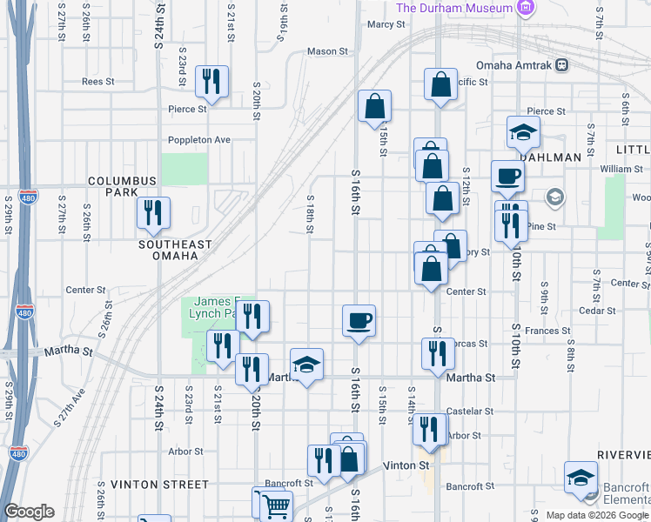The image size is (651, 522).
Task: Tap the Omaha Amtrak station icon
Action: coord(562,64)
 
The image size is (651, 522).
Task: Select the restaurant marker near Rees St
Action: coord(211,82)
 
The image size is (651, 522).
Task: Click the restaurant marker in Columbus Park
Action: coord(154,213)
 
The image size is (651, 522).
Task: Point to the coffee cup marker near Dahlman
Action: coord(507,176)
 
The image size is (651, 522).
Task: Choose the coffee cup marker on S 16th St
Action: coord(359,320)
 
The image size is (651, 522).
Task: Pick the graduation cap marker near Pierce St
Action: coord(523,132)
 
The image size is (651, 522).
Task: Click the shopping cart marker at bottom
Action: coord(276,505)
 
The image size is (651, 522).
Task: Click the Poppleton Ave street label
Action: coord(199,139)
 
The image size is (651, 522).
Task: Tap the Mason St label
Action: coord(327,51)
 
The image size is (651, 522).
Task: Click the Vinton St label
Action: coord(413,465)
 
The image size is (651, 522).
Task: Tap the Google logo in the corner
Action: coord(29,512)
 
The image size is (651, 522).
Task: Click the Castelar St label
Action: coord(470,411)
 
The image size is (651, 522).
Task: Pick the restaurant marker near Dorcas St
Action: coord(437,352)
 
